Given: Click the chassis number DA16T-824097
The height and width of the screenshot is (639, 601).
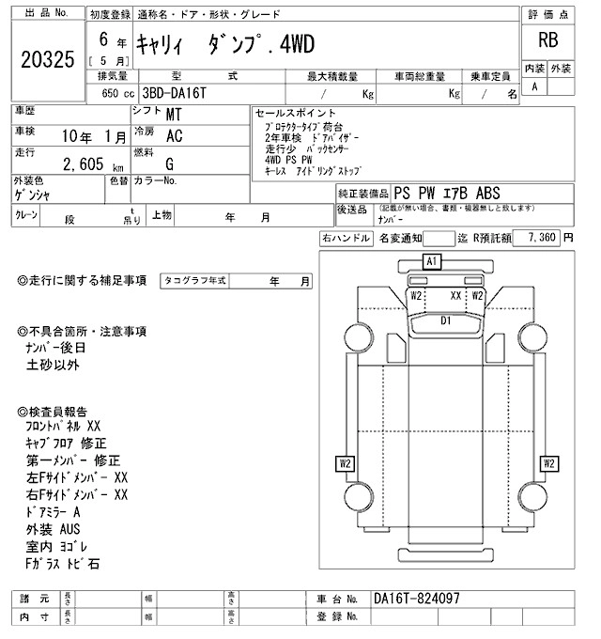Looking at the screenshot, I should (x=416, y=599).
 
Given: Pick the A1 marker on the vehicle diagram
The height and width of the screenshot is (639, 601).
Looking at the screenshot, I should (x=432, y=260).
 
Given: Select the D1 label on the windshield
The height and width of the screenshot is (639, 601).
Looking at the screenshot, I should (x=447, y=320).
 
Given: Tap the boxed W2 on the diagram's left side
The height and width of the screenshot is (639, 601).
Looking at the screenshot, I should (x=346, y=462).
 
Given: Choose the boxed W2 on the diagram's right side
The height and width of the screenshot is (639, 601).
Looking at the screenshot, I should (x=549, y=462).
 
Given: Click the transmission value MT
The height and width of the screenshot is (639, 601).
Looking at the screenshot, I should (x=174, y=115).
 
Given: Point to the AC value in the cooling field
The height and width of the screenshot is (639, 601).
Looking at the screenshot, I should (x=174, y=135).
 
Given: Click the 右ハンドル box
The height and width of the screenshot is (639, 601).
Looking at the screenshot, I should (x=345, y=239).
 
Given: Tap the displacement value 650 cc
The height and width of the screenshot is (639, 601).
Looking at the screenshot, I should (x=105, y=94).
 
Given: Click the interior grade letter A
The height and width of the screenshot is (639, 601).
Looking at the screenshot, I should (x=535, y=86).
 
